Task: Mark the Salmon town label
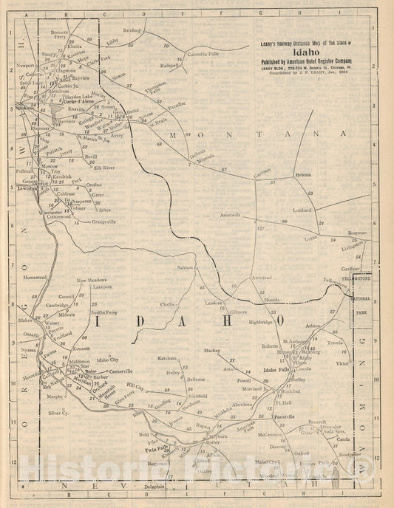185,267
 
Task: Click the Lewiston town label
27,188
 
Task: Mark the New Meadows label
94,281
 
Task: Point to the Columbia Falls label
202,54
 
